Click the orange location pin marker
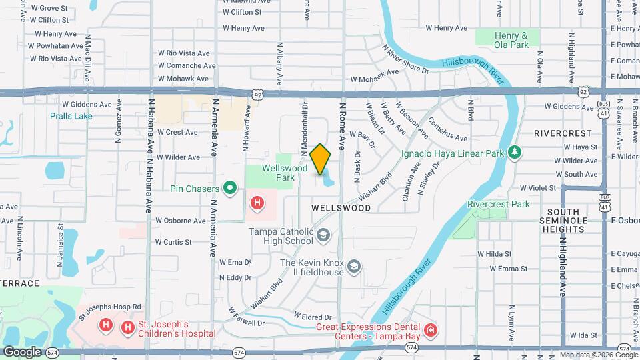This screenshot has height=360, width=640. point(321,159)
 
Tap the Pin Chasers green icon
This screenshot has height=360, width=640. point(231,188)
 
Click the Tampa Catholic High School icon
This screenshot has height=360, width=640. point(323,235)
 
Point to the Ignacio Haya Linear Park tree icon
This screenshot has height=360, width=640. point(514,153)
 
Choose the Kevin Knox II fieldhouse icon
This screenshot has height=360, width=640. point(354,267)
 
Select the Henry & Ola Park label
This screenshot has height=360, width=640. point(511,40)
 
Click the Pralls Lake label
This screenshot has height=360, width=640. point(71,115)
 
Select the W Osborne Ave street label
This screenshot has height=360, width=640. point(181,220)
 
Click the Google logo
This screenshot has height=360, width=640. point(22,351)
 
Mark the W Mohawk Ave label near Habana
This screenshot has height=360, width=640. point(183,79)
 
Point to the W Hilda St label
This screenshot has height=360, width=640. point(494,254)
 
